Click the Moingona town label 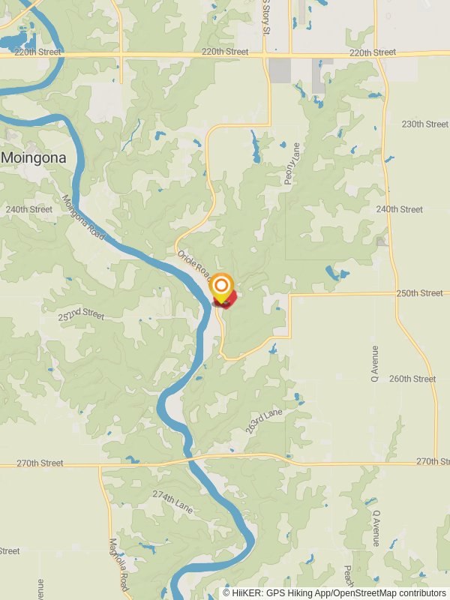(x=34, y=158)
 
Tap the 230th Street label (x=424, y=124)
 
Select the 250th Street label (x=420, y=293)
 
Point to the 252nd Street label (x=81, y=313)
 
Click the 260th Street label (x=412, y=379)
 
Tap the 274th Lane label (x=172, y=503)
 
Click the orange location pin (x=221, y=287)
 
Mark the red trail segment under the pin (x=226, y=300)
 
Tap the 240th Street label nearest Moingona (x=29, y=209)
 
